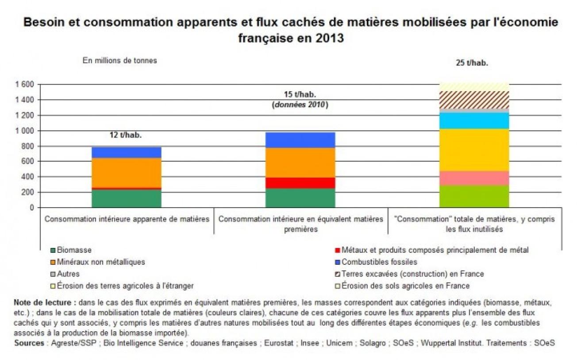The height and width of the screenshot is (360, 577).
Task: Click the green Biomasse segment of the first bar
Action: (x=127, y=198)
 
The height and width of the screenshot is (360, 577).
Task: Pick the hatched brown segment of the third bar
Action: (x=474, y=100)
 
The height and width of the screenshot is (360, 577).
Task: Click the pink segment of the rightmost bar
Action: (x=474, y=178)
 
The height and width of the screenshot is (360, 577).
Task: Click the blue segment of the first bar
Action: (x=127, y=152)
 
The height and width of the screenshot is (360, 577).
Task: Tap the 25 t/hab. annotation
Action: (x=472, y=63)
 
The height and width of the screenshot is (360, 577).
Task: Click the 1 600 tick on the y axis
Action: (x=24, y=85)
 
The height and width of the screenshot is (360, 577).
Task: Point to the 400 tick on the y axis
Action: (x=28, y=177)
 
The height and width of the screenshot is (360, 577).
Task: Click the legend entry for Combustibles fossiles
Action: (x=373, y=262)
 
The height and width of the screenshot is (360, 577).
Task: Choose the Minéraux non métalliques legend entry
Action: (x=100, y=262)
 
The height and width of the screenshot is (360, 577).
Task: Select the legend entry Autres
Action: (x=68, y=274)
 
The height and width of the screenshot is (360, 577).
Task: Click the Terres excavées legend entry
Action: (x=412, y=274)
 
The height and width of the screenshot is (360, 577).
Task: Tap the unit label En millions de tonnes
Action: (x=119, y=61)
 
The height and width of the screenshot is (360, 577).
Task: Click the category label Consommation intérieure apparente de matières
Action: (x=127, y=219)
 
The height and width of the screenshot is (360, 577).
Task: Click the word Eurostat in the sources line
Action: (x=279, y=343)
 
